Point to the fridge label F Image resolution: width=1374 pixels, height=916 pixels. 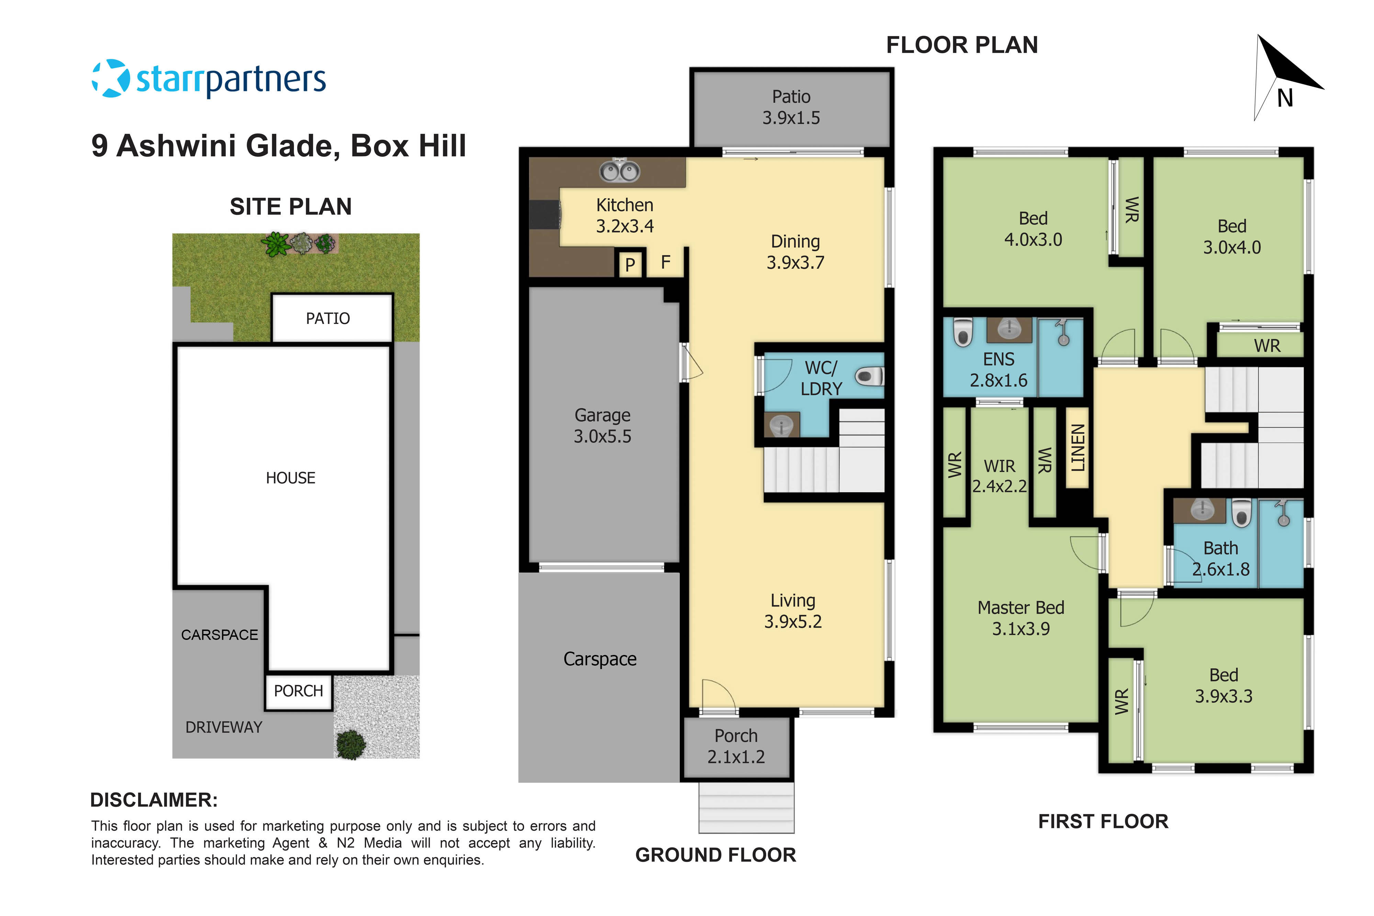[665, 263]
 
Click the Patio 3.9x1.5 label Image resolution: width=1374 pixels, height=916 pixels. [791, 108]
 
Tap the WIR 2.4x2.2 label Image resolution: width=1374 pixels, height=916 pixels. [999, 476]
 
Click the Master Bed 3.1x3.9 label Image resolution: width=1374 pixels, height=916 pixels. [1021, 618]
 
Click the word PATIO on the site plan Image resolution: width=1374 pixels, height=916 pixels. [328, 318]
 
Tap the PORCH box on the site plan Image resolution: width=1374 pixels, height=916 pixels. [299, 691]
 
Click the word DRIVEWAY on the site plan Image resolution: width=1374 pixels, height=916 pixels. [224, 727]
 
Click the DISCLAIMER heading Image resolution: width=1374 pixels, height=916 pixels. [154, 800]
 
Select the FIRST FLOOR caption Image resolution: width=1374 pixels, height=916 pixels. [1103, 821]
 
